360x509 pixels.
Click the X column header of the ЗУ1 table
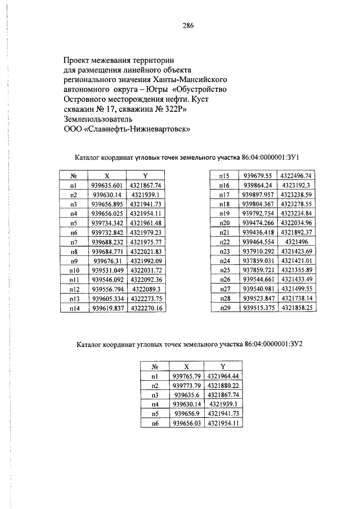pyautogui.click(x=107, y=175)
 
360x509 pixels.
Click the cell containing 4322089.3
pyautogui.click(x=146, y=288)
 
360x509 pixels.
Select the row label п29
pyautogui.click(x=225, y=308)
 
